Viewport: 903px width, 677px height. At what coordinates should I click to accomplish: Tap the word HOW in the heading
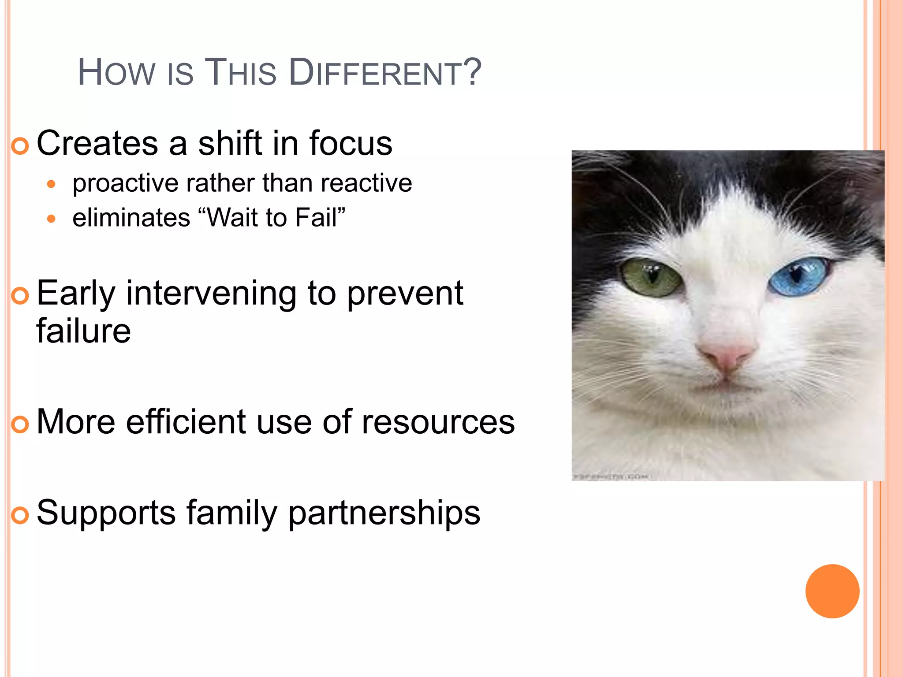[116, 73]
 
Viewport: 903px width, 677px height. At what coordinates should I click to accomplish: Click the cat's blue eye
[797, 277]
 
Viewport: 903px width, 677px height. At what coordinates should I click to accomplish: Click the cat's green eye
[652, 278]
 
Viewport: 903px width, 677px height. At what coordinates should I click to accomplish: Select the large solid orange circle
[832, 591]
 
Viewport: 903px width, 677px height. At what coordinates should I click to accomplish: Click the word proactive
[126, 183]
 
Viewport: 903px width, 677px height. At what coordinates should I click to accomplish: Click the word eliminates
[131, 218]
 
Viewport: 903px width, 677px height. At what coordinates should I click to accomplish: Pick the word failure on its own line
[83, 331]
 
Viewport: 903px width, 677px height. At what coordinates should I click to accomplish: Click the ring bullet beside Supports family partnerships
[20, 515]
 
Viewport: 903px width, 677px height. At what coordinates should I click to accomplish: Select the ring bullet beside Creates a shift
[20, 146]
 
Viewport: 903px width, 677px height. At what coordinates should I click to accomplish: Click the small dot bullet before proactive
[52, 184]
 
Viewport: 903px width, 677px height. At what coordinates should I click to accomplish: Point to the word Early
[76, 294]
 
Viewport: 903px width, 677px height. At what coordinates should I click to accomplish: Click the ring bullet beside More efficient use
[20, 424]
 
